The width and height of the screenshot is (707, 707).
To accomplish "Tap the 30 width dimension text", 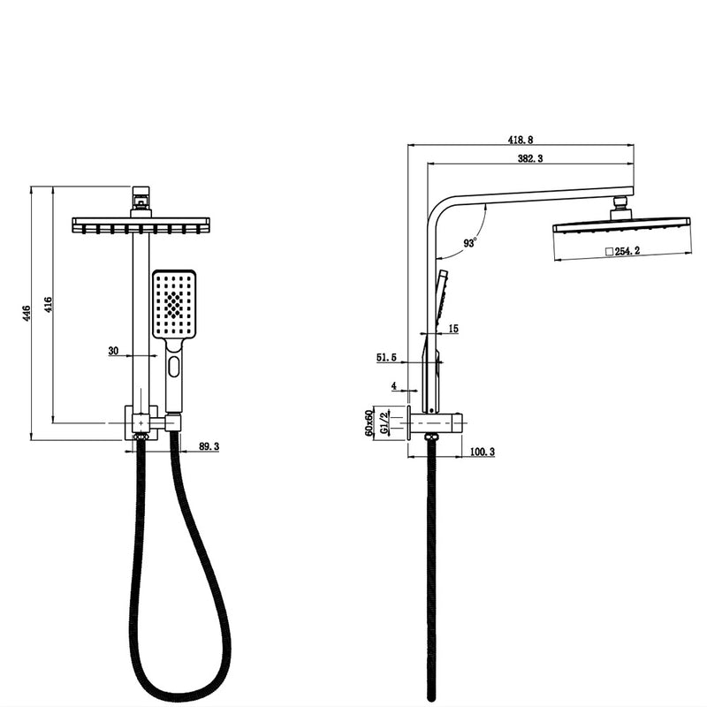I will (x=113, y=351).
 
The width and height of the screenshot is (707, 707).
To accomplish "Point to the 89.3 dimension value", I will (x=209, y=447).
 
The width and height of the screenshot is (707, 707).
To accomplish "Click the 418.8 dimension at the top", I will (x=521, y=140).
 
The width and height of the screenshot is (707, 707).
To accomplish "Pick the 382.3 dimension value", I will (x=529, y=157).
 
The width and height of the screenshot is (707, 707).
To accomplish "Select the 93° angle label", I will (x=470, y=241).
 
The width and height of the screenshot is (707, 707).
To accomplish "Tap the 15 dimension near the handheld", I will (x=453, y=329).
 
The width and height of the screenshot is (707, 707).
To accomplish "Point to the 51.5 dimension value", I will (x=386, y=357).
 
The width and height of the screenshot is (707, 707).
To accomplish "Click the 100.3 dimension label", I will (x=482, y=452).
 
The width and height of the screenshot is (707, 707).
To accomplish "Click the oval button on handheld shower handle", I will (x=173, y=366).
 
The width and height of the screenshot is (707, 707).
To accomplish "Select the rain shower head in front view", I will (x=141, y=224).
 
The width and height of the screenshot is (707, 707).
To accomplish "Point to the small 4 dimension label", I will (x=394, y=385).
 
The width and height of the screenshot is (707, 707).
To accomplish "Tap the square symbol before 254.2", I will (x=608, y=252).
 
